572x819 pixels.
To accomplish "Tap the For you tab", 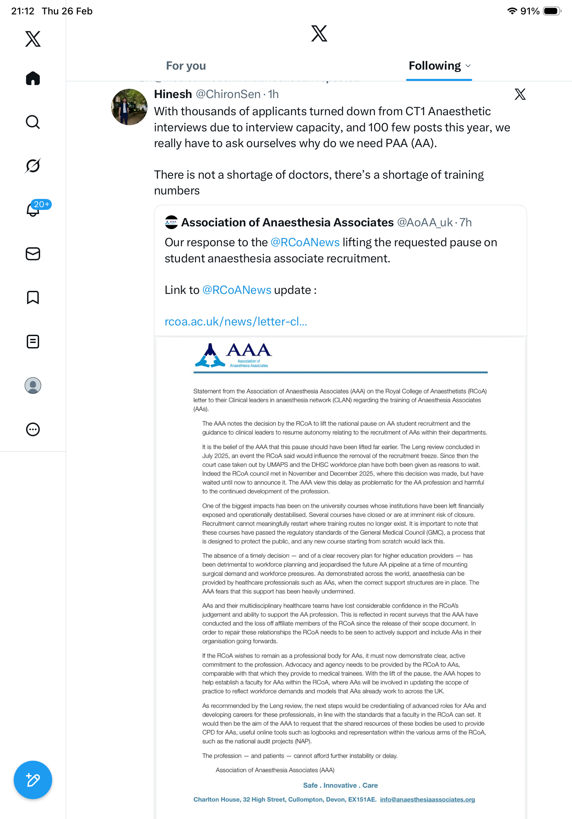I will (x=186, y=66).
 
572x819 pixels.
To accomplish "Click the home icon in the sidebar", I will (x=33, y=79).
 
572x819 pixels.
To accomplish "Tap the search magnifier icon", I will (x=33, y=122).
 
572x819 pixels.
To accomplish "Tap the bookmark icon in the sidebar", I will (x=33, y=297).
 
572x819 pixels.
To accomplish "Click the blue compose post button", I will (x=33, y=780).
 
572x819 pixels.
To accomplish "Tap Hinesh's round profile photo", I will (x=129, y=107).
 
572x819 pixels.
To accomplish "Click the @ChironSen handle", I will (x=228, y=94).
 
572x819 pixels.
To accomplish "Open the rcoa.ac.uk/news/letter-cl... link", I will (x=236, y=322).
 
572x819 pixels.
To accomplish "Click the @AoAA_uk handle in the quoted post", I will (x=425, y=223).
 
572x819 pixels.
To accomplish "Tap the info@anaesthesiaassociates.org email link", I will (x=427, y=799).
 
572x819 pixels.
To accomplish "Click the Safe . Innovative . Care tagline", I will (x=340, y=785).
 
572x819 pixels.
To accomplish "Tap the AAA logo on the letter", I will (x=233, y=355).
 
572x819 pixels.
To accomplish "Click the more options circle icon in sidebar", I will (x=33, y=429).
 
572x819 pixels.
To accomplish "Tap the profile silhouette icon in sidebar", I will (x=33, y=385).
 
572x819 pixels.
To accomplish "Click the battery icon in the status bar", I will (x=552, y=11).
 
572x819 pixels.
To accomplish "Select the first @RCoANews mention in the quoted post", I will (x=305, y=242).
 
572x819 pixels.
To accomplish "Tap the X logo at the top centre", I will (x=319, y=34).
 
